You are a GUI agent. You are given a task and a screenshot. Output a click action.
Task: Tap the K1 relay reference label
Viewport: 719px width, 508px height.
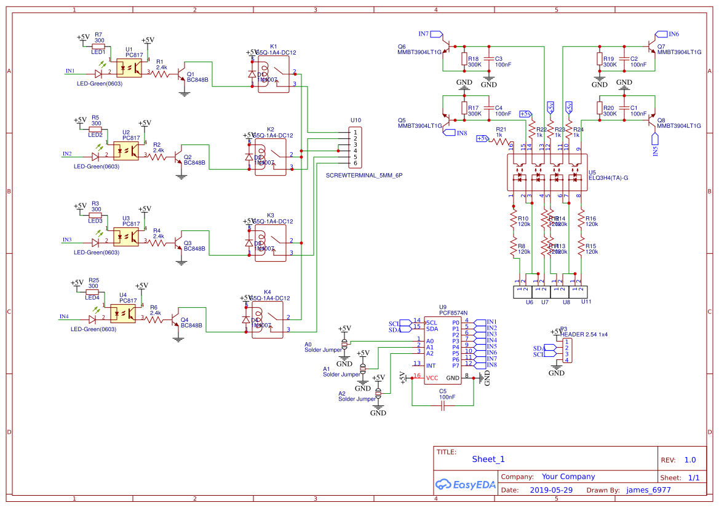[x=273, y=46]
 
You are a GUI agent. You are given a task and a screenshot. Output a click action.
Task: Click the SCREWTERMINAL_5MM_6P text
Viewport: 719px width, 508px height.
[x=363, y=175]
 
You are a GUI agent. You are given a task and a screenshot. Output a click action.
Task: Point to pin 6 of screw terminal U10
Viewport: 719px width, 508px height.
[x=356, y=163]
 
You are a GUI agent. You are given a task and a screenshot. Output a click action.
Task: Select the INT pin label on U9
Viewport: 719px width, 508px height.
[x=432, y=365]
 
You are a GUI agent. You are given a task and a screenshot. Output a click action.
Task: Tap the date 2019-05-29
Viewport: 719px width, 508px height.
[x=550, y=490]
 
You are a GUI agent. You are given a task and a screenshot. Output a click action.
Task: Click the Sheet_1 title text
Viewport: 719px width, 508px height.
[x=488, y=459]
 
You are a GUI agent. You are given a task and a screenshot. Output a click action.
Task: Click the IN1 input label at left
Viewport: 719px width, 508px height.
[x=70, y=71]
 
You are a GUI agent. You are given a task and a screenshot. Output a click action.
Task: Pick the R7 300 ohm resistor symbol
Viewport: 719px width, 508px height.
[x=98, y=46]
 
